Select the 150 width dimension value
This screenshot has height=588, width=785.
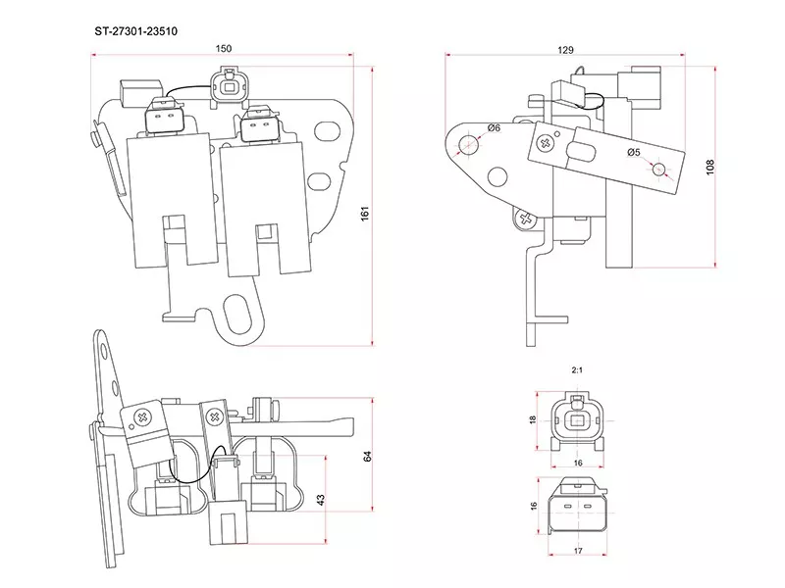(225, 48)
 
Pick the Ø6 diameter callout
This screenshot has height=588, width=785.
(494, 127)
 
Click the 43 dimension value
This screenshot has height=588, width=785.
(322, 500)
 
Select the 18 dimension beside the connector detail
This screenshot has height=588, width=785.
(533, 419)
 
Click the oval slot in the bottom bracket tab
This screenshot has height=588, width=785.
(237, 317)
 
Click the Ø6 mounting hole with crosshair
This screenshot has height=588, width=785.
(470, 145)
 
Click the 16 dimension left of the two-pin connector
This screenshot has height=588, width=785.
(533, 506)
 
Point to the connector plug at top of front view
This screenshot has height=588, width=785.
(229, 86)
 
